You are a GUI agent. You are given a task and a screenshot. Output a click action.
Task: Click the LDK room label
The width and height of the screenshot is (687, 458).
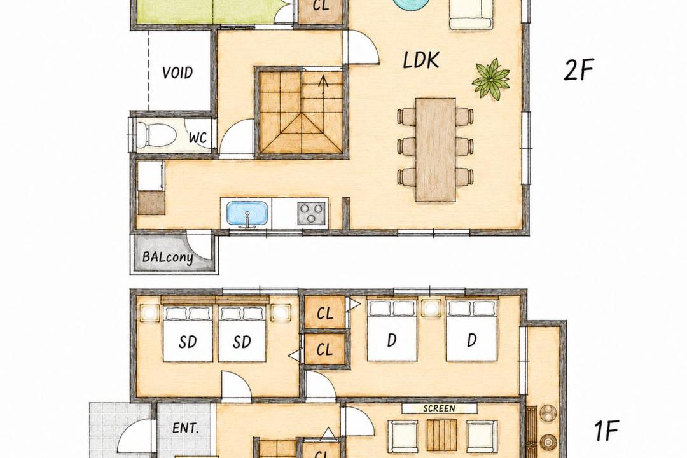click(420, 60)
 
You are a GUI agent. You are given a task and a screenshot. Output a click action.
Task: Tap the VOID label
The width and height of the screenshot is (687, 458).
click(177, 73)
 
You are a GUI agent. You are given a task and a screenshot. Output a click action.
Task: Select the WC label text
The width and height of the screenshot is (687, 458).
click(198, 137)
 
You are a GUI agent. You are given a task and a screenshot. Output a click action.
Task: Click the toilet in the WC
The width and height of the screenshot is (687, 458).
click(152, 135)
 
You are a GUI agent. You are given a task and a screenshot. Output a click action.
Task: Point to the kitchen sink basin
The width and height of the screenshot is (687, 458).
click(246, 214)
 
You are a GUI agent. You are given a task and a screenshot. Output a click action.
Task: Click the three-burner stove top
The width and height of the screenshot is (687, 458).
click(312, 214)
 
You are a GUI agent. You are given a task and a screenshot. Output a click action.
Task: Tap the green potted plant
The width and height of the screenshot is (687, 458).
click(490, 79)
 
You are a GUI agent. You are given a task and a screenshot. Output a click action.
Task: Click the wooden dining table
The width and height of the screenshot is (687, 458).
click(436, 149)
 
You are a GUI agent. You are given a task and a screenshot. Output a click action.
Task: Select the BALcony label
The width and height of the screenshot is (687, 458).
click(168, 256)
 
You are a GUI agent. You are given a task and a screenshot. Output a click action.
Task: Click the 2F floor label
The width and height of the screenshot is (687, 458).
click(578, 70)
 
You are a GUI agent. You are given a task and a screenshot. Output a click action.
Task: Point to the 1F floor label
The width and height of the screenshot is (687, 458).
click(606, 431)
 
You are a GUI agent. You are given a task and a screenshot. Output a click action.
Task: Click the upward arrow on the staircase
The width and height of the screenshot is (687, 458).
click(323, 85)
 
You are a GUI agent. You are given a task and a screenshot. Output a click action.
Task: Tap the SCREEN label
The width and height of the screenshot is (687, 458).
click(440, 408)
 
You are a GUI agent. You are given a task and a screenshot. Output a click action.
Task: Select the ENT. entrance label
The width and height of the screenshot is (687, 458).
click(186, 427)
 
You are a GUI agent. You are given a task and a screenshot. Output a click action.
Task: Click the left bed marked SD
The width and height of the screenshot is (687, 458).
click(188, 334)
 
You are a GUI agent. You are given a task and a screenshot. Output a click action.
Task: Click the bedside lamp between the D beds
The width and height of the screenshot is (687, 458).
click(431, 308)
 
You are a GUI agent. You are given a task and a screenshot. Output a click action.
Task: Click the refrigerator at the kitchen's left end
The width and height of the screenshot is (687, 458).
click(151, 176)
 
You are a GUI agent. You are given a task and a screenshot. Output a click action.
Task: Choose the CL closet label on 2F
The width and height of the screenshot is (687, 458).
click(321, 6)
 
